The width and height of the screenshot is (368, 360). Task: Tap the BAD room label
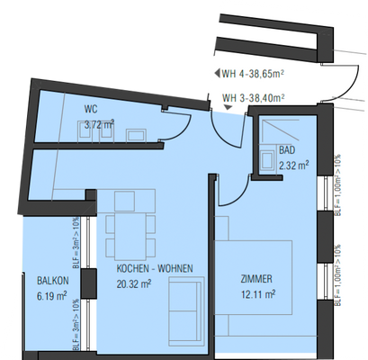pos(287,151)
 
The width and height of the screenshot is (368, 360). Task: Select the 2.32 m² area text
pos(293,166)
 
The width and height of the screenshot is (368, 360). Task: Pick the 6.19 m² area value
pos(53,294)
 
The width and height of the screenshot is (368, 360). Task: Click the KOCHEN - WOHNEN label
pos(146,268)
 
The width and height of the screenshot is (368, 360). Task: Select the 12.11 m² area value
pos(257,293)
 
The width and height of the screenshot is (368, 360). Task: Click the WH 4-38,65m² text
pos(253,75)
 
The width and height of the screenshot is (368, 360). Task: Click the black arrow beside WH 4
pos(213,75)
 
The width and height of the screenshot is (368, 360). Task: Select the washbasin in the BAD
pos(268,161)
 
